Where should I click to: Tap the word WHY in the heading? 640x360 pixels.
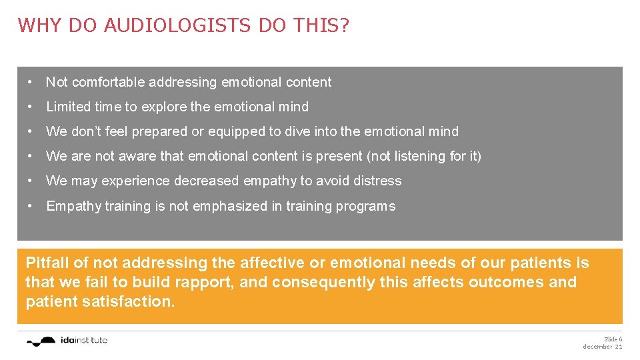point(37,26)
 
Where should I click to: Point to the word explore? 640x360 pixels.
point(164,107)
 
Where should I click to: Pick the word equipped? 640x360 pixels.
point(235,131)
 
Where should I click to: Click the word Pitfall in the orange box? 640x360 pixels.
point(47,263)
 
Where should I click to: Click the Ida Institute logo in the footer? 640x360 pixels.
point(67,341)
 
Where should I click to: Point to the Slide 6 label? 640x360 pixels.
point(613,339)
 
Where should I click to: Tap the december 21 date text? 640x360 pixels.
point(603,347)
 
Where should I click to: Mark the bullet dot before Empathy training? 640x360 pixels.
point(31,206)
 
